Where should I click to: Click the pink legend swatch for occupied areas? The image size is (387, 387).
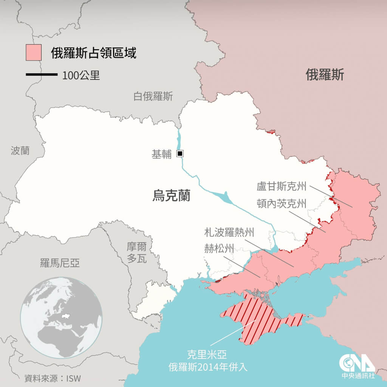[x=33, y=53]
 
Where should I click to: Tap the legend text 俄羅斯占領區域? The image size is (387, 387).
[x=93, y=53]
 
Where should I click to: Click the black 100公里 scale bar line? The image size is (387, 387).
[x=41, y=75]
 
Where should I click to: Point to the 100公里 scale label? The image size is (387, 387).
[x=81, y=75]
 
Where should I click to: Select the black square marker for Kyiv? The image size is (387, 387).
[x=180, y=153]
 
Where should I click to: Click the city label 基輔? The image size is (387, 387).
[x=161, y=154]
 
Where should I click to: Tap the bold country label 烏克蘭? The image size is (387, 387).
[x=171, y=196]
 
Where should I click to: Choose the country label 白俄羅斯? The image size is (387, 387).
[x=153, y=96]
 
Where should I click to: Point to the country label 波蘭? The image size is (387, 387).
[x=20, y=151]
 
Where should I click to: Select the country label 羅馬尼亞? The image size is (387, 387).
[x=60, y=263]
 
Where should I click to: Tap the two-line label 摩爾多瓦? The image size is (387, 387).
[x=136, y=253]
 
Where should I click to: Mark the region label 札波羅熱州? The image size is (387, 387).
[x=229, y=232]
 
